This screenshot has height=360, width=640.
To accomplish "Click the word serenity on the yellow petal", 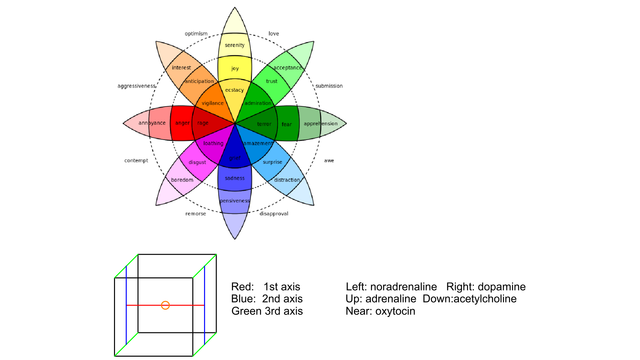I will (234, 45).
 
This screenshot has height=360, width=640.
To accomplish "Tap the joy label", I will (235, 68).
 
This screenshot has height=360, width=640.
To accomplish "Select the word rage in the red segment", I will (203, 123).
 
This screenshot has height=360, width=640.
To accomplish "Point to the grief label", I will (235, 158).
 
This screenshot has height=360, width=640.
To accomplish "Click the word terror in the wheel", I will (264, 124).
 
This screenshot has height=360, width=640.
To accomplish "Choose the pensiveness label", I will (235, 201).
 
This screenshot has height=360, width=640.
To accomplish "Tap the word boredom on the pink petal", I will (182, 180).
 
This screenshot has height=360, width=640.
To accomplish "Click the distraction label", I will (287, 180).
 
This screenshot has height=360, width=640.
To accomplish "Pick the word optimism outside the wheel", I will (196, 34).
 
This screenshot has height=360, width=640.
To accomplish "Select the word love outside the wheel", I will (274, 34).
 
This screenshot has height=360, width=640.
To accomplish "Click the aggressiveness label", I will (136, 86).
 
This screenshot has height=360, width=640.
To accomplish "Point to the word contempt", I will (136, 161).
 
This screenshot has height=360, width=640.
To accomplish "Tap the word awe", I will (329, 161).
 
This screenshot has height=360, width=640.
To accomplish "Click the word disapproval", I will (274, 214).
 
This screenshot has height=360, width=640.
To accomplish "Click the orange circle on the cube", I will (165, 305).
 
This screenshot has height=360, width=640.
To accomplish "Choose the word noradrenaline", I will (403, 287).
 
